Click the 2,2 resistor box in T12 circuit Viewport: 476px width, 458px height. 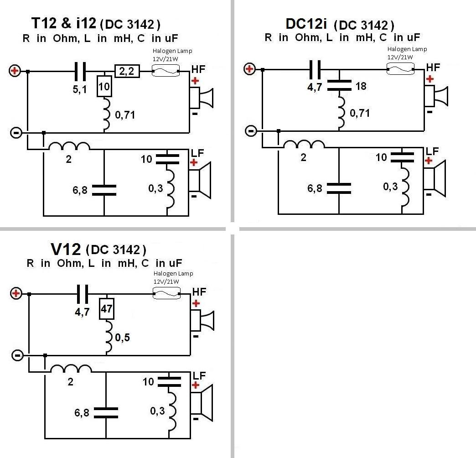(128, 71)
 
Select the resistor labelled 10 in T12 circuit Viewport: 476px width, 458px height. (104, 86)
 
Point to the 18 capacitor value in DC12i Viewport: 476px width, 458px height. (361, 86)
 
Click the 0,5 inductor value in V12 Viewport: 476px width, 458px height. (122, 338)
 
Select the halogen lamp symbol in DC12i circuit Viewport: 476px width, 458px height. (400, 68)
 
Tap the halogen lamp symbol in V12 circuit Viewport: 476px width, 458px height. (166, 294)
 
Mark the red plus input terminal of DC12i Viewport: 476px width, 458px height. (249, 69)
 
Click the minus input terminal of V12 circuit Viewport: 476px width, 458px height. (16, 355)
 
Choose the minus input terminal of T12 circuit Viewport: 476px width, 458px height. (15, 132)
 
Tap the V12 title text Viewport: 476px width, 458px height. (66, 249)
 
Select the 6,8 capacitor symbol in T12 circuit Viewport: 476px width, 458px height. (104, 190)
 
